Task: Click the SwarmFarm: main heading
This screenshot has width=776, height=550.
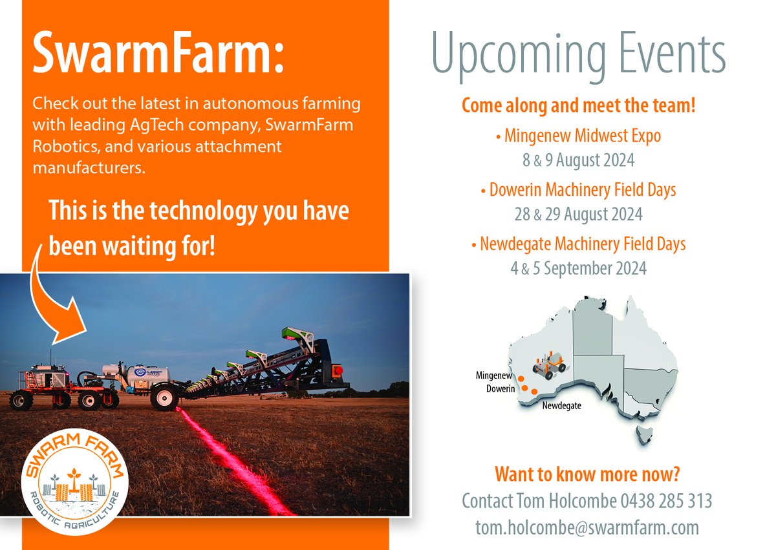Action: coord(158,53)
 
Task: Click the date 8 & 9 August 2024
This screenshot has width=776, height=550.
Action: coord(578,159)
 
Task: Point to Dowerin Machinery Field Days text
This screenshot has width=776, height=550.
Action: coord(578,190)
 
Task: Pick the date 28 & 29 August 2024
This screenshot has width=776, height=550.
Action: coord(578,213)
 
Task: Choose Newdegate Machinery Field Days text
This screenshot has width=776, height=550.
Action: coord(578,244)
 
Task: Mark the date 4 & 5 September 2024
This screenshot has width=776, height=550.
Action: coord(578,268)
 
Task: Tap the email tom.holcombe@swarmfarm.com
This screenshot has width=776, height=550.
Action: coord(587,527)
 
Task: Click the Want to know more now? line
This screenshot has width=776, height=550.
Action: coord(587,474)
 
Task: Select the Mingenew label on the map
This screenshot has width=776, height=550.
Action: coord(495,375)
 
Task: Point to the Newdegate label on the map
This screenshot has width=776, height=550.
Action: coord(561,406)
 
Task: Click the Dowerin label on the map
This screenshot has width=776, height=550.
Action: coord(501,388)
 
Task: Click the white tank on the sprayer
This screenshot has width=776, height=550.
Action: coord(148,375)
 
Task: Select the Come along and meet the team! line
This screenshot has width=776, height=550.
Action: coord(578,106)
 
